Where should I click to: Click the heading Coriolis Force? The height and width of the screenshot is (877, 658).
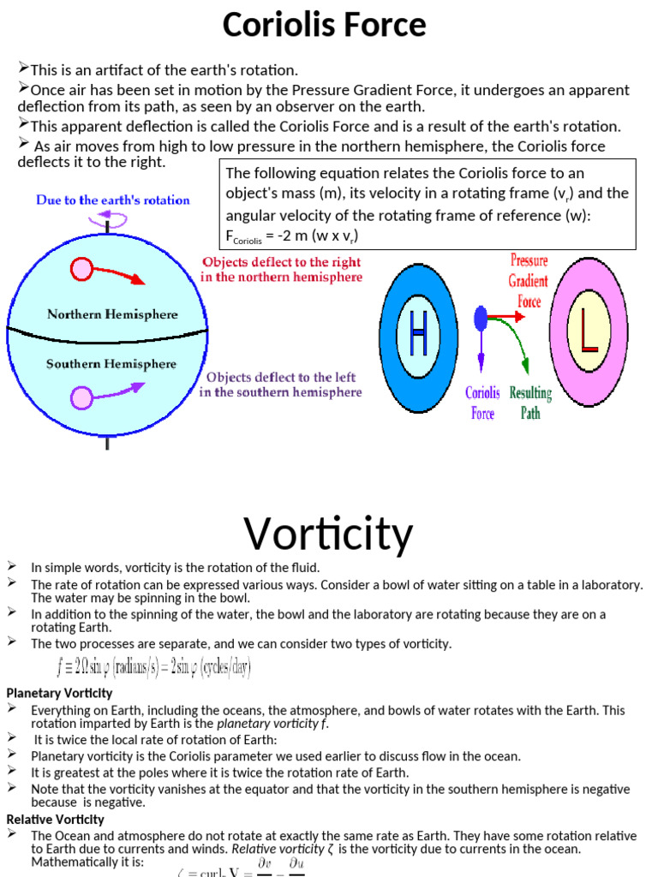324,26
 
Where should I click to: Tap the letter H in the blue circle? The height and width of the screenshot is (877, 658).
418,334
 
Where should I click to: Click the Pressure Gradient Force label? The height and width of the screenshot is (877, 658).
529,280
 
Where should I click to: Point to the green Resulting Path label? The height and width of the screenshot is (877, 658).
530,403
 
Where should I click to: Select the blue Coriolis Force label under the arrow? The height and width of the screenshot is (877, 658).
482,403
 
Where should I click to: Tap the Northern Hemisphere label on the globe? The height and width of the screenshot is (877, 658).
112,314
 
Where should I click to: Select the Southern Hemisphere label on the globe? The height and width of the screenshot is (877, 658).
111,364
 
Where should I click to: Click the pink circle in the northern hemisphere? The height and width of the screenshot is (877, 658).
81,270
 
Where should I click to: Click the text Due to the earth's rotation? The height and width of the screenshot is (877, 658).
113,200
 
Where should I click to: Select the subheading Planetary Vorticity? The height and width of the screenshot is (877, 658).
60,693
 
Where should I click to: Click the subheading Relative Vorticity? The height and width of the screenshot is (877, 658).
54,819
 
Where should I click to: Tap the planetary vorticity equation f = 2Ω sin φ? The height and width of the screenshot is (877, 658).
154,667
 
